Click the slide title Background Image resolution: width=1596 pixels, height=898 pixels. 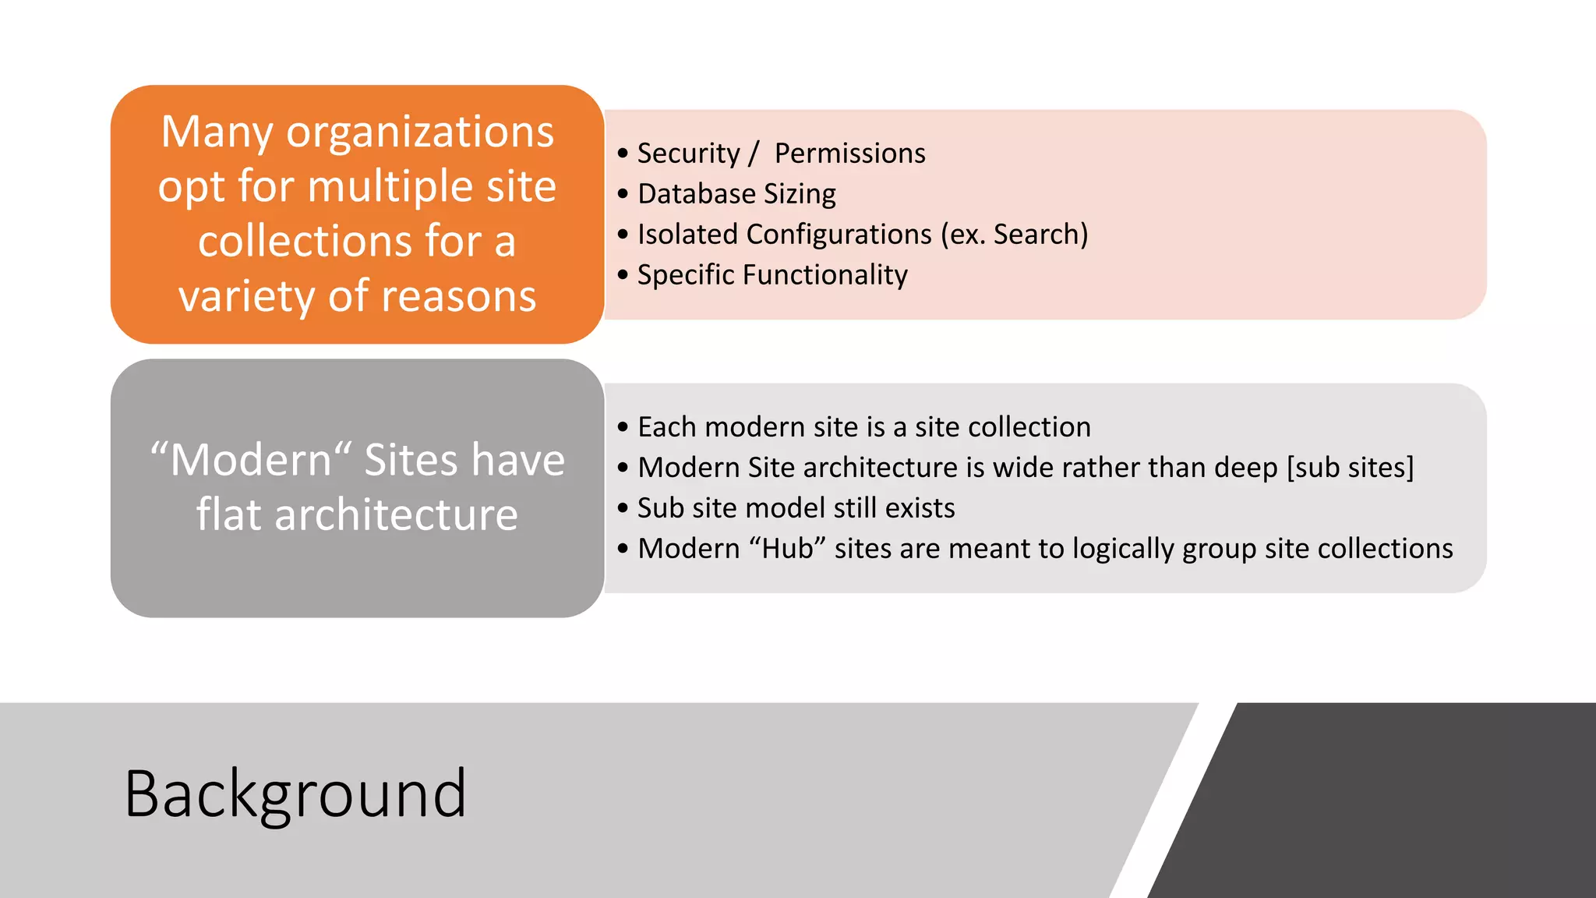pos(295,794)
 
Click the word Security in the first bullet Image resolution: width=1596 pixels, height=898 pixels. pos(688,154)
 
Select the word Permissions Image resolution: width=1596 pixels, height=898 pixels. pos(849,154)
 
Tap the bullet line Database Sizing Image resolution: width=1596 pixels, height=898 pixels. pos(736,194)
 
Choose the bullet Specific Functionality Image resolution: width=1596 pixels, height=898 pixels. pos(772,275)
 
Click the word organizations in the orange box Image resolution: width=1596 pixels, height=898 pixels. pos(420,133)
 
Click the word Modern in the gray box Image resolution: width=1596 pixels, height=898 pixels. pos(250,460)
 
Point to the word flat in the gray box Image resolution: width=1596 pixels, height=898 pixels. pos(228,515)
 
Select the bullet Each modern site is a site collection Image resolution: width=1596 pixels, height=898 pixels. pos(863,427)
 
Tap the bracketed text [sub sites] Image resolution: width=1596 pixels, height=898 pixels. pos(1350,468)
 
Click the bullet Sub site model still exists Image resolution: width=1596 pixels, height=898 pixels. pos(796,508)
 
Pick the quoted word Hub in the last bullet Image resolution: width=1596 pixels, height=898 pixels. pos(787,549)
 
